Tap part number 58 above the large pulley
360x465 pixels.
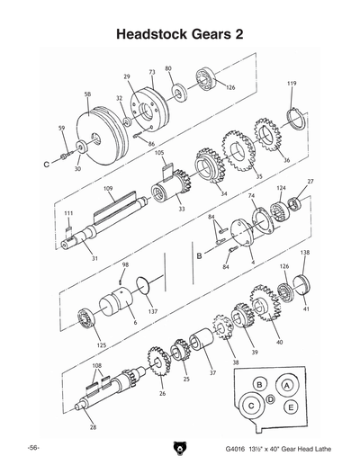(x=87, y=94)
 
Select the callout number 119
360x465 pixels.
(x=292, y=84)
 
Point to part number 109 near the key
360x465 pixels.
(x=107, y=188)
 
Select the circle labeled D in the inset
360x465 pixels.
(x=270, y=397)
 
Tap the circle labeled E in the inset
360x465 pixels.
(x=292, y=407)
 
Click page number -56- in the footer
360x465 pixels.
(x=31, y=446)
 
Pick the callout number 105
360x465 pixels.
(x=159, y=153)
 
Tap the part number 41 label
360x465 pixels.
(x=306, y=309)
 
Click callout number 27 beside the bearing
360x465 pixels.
(x=310, y=183)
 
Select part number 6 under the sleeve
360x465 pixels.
(x=134, y=322)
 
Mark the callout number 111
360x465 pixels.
(x=67, y=213)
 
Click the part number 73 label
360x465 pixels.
(x=152, y=70)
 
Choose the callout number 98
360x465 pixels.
(x=125, y=265)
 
